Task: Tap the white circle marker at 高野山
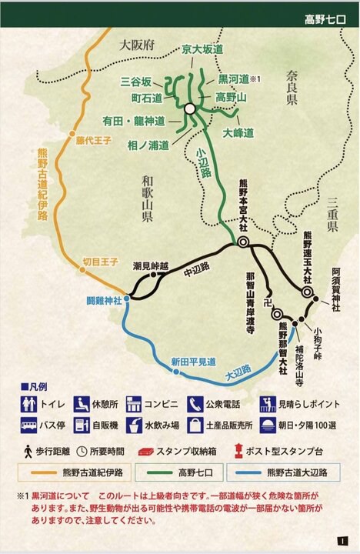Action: coord(189,110)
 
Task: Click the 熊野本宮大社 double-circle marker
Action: coord(242,242)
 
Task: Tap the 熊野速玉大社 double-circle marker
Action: coord(307,292)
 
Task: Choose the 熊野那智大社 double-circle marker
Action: coord(276,313)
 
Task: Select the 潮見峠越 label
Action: coord(150,263)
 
